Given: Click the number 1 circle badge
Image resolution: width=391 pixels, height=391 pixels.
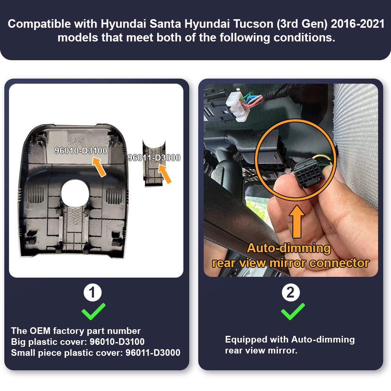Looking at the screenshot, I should [x=93, y=293].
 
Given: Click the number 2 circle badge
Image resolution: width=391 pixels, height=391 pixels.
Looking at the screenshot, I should [x=291, y=293].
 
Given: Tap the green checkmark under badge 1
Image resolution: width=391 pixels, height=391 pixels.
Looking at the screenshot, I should [x=93, y=311].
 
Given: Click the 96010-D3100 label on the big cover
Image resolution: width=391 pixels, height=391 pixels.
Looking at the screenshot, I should [x=81, y=150].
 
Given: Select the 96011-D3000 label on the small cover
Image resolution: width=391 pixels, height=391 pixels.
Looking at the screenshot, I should [x=154, y=158].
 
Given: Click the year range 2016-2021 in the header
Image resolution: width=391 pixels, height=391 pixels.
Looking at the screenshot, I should [x=357, y=23].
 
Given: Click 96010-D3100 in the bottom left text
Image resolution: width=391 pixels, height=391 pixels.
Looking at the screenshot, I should [x=117, y=342].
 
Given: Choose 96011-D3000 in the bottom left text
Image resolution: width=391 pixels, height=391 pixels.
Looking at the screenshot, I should [x=153, y=353].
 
